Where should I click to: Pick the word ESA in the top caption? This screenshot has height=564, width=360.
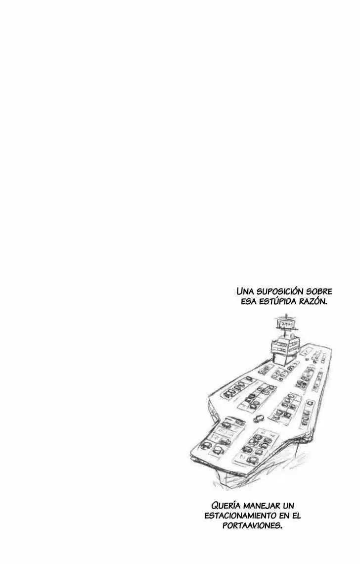[249, 301]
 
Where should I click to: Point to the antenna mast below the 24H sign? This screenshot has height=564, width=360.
[286, 332]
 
